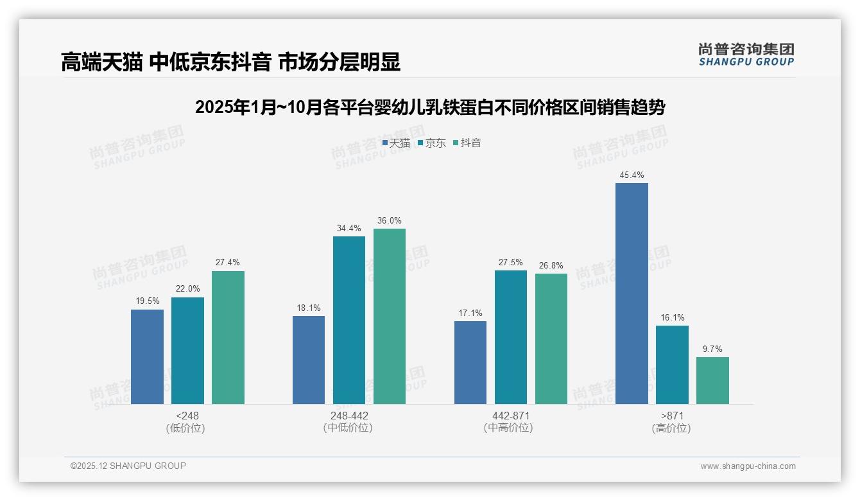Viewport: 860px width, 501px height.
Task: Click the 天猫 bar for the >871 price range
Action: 632,294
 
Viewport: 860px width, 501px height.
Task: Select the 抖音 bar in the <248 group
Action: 228,337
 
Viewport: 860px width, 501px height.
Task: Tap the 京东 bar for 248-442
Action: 348,320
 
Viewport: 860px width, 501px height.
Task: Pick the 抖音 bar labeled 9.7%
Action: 712,380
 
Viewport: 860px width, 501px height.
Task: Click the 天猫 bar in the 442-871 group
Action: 470,362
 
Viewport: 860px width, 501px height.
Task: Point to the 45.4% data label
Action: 632,175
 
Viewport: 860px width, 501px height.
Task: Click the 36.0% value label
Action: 390,220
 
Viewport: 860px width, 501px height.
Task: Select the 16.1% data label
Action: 672,317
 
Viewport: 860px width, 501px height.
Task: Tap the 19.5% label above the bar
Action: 147,301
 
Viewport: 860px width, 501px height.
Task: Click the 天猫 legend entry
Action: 397,143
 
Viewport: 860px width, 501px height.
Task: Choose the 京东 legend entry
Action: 432,143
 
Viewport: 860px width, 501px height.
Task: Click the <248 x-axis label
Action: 187,416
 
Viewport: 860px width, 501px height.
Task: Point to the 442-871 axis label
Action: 511,416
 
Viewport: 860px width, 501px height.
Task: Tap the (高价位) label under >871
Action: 671,428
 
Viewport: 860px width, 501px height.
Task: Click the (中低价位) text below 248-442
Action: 348,428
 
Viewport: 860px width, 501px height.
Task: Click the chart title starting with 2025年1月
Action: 429,107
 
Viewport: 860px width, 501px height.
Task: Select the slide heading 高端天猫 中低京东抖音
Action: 230,62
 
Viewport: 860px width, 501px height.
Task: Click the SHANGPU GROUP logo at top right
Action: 746,55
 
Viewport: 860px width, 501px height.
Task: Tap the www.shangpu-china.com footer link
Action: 748,466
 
